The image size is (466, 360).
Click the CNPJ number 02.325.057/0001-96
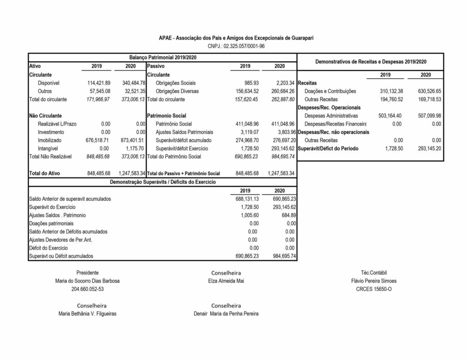point(236,46)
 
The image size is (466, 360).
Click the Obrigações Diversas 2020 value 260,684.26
point(283,91)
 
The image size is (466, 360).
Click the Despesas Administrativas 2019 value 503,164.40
point(386,116)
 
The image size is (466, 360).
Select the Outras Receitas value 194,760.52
point(386,99)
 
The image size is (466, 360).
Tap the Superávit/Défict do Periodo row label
point(328,148)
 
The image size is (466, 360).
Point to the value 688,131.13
point(246,199)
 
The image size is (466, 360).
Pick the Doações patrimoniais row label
point(51,223)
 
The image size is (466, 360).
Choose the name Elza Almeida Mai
point(226,281)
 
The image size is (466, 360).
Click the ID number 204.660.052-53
point(87,289)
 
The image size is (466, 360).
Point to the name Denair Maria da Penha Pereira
point(226,314)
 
